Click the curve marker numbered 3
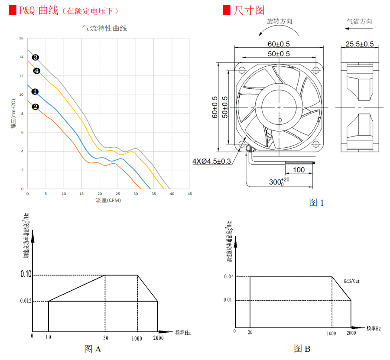(x=36, y=57)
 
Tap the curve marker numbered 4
(x=37, y=71)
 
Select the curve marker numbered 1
(x=35, y=91)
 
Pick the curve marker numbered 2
(x=36, y=107)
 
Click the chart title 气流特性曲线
(x=105, y=29)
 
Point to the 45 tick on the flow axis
(x=190, y=194)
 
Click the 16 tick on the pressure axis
(x=21, y=38)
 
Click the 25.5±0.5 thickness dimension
(x=360, y=44)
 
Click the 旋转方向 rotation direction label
(x=279, y=21)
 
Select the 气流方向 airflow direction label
(x=359, y=21)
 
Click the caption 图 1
(x=316, y=202)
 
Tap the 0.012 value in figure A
(x=26, y=301)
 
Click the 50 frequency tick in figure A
(x=105, y=338)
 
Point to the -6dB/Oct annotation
(x=350, y=281)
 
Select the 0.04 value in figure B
(x=229, y=277)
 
